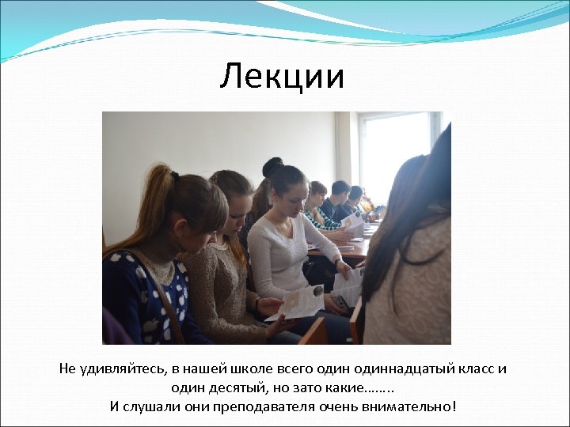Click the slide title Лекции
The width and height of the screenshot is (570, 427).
coord(283,77)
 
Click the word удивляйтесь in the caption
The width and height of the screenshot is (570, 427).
coord(120,369)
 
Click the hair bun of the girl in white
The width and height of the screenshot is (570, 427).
coord(272,167)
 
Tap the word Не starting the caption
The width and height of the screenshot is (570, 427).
coord(67,369)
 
